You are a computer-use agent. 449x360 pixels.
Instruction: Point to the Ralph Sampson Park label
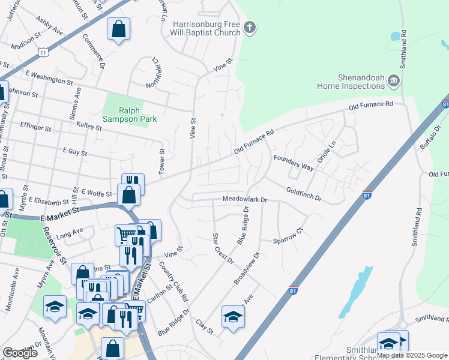[x=129, y=115]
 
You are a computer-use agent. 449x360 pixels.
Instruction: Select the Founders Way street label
[x=294, y=163]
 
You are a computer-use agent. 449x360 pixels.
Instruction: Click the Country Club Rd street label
[x=174, y=281]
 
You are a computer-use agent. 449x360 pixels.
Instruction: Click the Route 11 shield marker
[x=43, y=53]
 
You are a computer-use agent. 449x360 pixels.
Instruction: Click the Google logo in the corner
[x=20, y=352]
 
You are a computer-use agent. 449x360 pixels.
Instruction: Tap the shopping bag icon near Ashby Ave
[x=118, y=29]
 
